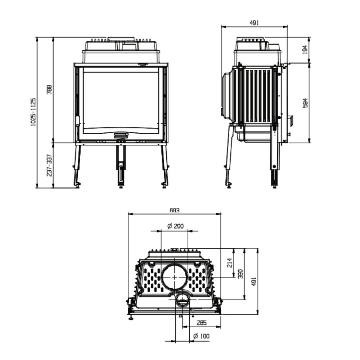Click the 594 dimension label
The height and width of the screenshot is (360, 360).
(x=305, y=103)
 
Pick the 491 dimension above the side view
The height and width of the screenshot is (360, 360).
(x=254, y=23)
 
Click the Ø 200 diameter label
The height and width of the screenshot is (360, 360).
(x=175, y=226)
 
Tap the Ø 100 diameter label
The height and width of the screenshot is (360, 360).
(x=201, y=336)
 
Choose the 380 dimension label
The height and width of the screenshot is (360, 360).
(x=240, y=274)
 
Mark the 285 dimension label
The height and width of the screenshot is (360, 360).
(x=202, y=323)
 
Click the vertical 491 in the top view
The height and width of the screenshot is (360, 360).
(x=254, y=281)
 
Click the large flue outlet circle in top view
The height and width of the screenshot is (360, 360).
(x=175, y=277)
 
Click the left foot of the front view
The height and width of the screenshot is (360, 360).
(x=77, y=184)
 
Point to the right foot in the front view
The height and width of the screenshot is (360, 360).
(x=165, y=184)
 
